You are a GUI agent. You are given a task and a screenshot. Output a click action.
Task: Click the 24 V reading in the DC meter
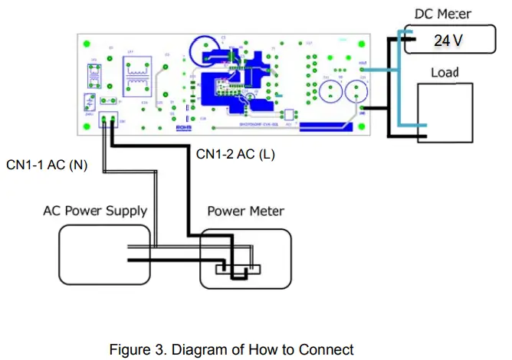tap(447, 40)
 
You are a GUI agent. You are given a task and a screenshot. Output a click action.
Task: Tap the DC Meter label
tap(448, 14)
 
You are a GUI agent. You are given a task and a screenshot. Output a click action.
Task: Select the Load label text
tap(445, 73)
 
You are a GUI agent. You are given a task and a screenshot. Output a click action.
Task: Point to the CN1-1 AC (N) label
tap(47, 165)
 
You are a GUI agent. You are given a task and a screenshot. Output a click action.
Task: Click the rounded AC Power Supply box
tap(107, 257)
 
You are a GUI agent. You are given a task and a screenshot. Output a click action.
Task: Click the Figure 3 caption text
tap(232, 349)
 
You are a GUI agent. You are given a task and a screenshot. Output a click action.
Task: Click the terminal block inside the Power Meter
tap(238, 268)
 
